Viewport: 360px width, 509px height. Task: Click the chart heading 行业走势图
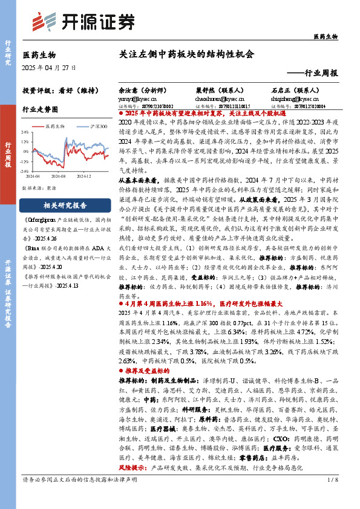pyautogui.click(x=40, y=109)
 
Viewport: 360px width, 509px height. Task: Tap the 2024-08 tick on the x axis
pyautogui.click(x=58, y=177)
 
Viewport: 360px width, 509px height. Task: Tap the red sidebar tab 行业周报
pyautogui.click(x=8, y=155)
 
